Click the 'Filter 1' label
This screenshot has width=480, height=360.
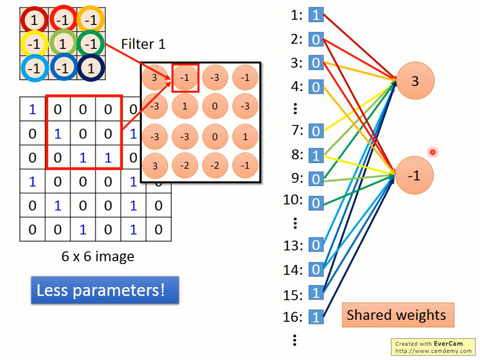(143, 44)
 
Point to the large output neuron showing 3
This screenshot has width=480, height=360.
(415, 81)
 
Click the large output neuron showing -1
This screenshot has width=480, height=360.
(414, 175)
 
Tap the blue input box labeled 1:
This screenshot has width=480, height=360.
(316, 15)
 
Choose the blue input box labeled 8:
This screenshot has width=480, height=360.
(316, 155)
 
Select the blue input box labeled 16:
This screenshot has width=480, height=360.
(316, 317)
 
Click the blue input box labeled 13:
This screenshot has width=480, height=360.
(316, 245)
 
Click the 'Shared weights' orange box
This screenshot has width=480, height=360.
(398, 315)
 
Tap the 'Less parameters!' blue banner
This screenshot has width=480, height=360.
(105, 290)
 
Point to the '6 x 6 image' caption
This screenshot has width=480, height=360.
(98, 256)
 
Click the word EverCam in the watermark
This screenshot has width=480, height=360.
(448, 344)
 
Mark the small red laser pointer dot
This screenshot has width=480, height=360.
(432, 152)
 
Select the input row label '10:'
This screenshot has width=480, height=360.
(293, 200)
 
